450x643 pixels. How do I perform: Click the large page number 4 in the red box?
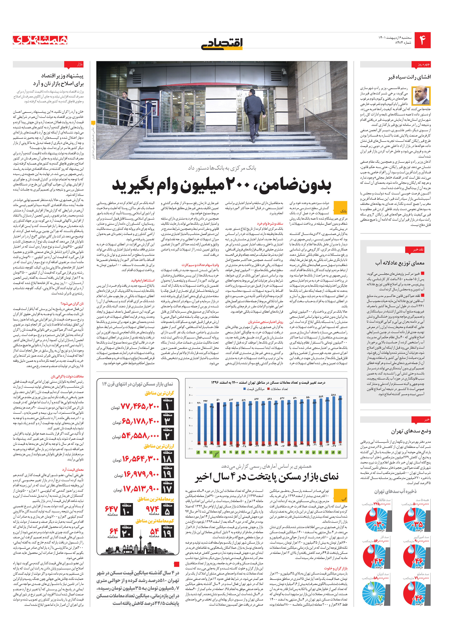[x=422, y=40]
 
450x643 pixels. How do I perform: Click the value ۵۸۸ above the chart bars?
[x=333, y=395]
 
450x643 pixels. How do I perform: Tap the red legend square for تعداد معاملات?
[x=269, y=389]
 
